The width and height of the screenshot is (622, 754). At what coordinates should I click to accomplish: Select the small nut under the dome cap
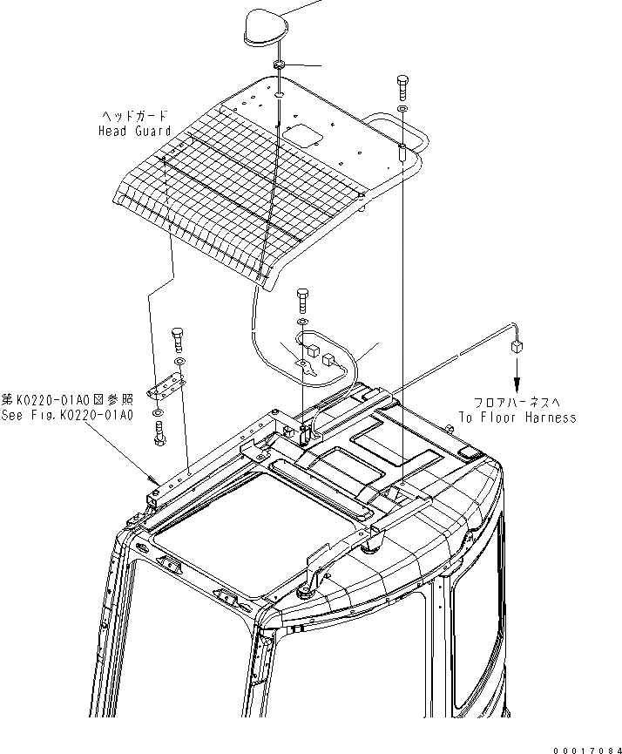pyautogui.click(x=279, y=67)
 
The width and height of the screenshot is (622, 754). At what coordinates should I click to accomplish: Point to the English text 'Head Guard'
pyautogui.click(x=134, y=131)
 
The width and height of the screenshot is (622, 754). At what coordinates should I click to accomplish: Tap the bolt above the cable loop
pyautogui.click(x=301, y=301)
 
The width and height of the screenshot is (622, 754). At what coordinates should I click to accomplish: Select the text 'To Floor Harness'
pyautogui.click(x=517, y=418)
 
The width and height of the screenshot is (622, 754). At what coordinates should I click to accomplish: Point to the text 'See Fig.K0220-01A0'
pyautogui.click(x=67, y=416)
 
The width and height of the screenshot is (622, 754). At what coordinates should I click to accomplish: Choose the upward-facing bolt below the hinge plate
pyautogui.click(x=161, y=432)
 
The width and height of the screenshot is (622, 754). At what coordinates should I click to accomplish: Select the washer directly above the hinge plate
pyautogui.click(x=179, y=361)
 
